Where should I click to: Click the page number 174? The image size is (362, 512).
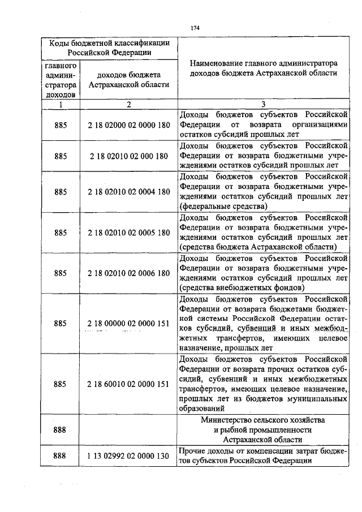[196, 27]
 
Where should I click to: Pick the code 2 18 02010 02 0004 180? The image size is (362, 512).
[129, 192]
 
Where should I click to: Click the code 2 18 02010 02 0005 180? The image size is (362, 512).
[129, 232]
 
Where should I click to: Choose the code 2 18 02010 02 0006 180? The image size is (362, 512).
[129, 273]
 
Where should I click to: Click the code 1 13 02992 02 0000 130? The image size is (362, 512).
[129, 455]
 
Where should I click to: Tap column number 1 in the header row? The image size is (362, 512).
[61, 105]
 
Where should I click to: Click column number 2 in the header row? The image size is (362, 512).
[129, 105]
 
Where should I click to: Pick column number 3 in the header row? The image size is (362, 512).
[264, 105]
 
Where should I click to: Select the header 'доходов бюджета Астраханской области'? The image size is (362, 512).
[129, 79]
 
